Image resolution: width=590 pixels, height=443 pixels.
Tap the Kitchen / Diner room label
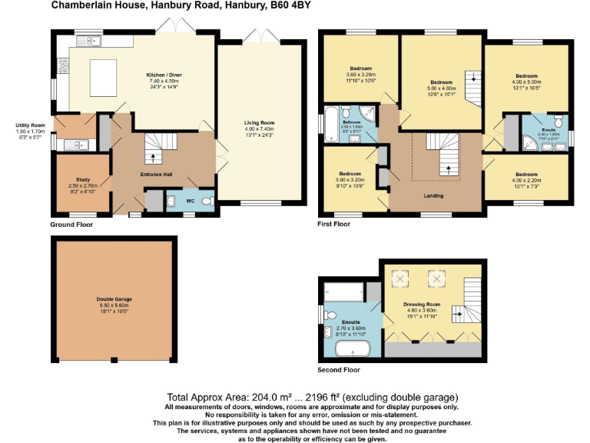coord(162,75)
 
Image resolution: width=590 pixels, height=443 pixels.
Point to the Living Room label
coord(259,123)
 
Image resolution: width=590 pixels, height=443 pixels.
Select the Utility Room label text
coord(31,125)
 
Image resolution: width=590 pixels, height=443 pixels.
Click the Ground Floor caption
coord(72,225)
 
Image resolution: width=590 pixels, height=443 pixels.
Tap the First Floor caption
coord(334,225)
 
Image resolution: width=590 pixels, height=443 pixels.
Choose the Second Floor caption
coord(339,369)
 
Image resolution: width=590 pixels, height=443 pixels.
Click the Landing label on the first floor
coord(433,195)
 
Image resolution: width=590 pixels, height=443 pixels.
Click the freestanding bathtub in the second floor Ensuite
coord(353,348)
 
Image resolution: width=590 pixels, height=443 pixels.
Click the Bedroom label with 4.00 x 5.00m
coord(526,76)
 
